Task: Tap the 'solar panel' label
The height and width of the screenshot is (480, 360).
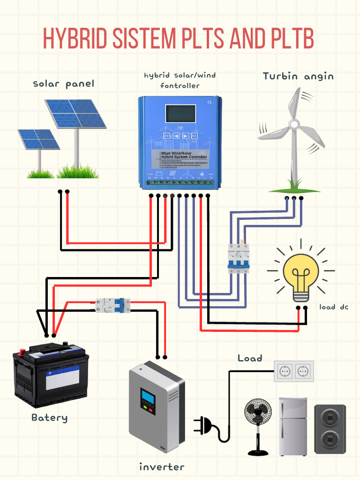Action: [x=63, y=84]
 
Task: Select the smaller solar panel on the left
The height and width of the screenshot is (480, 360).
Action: [x=38, y=139]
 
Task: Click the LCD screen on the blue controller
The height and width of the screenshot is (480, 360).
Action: [x=180, y=114]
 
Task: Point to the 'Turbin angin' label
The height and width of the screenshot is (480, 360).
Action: [x=298, y=76]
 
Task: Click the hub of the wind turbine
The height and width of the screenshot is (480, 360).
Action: [x=294, y=124]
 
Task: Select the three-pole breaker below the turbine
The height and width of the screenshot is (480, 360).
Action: [x=238, y=258]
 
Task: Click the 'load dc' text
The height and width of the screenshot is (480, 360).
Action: [x=334, y=307]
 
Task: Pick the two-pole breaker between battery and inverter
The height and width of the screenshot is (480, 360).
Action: [x=112, y=305]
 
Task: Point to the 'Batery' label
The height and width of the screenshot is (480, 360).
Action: [x=50, y=417]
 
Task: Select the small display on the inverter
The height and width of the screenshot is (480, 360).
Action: [x=148, y=397]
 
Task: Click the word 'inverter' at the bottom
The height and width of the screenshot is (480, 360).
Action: [x=161, y=467]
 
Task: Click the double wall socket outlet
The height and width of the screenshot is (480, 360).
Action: [x=293, y=371]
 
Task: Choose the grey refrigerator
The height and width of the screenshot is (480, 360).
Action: [x=293, y=427]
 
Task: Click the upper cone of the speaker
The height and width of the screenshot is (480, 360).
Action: [x=330, y=416]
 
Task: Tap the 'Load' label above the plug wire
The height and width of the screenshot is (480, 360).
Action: [x=250, y=358]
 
